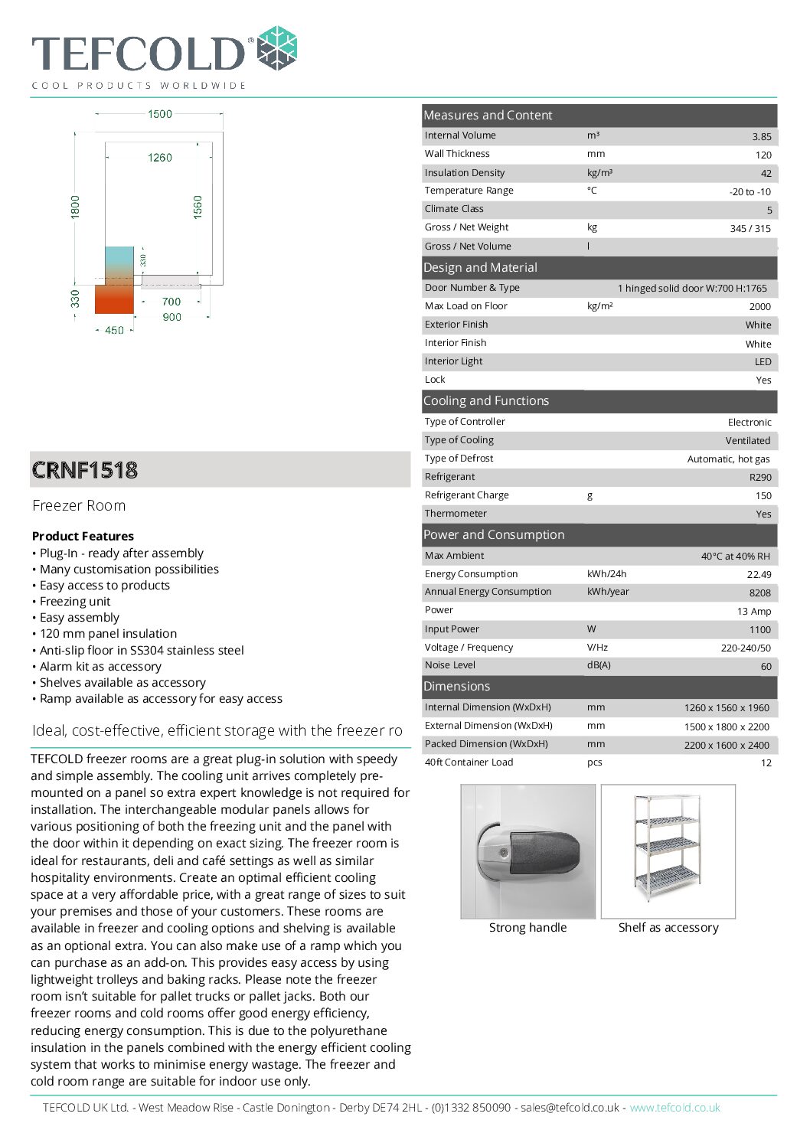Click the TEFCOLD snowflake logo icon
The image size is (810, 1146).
click(276, 50)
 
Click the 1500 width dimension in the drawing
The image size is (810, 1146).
click(160, 114)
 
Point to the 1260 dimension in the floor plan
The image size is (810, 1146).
click(160, 158)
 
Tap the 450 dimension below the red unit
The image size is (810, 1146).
click(114, 330)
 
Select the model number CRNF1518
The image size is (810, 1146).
click(85, 470)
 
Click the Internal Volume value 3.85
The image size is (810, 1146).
click(761, 136)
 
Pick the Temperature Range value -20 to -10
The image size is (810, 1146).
click(750, 191)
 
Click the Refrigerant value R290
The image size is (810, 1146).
click(759, 477)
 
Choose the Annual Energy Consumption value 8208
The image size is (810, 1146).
click(759, 593)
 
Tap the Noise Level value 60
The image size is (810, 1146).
click(766, 666)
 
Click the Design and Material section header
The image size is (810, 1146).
click(480, 267)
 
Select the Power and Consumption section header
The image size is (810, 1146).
click(494, 534)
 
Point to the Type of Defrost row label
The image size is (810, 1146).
click(459, 458)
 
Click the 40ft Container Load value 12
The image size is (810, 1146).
click(766, 762)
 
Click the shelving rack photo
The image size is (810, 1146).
click(667, 850)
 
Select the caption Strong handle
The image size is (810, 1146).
click(527, 927)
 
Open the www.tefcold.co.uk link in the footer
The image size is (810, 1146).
click(674, 1107)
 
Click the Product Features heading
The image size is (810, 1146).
click(83, 536)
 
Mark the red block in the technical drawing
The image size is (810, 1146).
click(114, 299)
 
